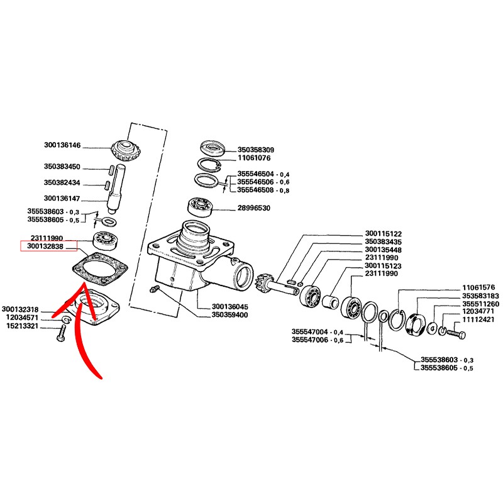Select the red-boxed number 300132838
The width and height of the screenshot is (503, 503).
[49, 246]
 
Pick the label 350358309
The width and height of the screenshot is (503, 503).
[257, 150]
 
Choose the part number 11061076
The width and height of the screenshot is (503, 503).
[254, 160]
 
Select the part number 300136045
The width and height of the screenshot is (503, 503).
[231, 307]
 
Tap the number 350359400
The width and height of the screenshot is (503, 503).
[231, 315]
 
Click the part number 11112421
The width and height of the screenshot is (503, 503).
[480, 319]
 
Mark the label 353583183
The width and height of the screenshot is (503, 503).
[480, 295]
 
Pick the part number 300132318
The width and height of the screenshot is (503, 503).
[21, 309]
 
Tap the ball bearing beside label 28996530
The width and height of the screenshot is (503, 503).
[202, 206]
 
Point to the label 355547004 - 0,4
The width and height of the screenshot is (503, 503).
[318, 332]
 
